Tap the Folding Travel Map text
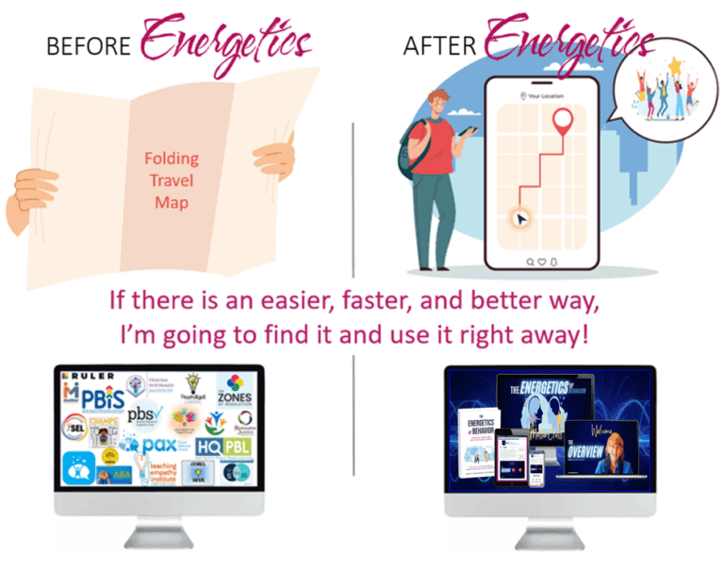[x=171, y=180]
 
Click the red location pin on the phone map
[x=563, y=124]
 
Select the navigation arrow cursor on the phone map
[x=518, y=219]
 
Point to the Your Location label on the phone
[x=545, y=95]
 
